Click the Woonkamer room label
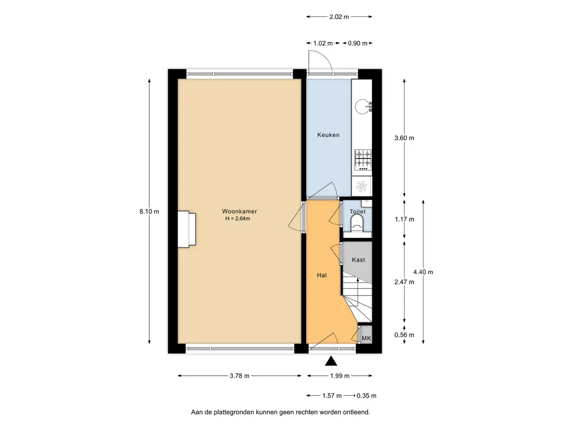[239, 211]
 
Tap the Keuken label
[328, 135]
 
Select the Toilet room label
[357, 212]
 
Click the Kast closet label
[358, 260]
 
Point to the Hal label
[321, 275]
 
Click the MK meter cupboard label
[366, 338]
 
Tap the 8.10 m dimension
[149, 212]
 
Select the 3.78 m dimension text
[239, 376]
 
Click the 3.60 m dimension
[404, 138]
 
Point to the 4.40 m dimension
[423, 272]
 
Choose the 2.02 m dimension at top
[339, 17]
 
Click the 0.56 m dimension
[404, 335]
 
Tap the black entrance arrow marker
[331, 361]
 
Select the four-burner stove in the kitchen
[363, 160]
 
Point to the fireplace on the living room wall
[187, 228]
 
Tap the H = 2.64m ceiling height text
[237, 218]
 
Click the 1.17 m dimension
[404, 219]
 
